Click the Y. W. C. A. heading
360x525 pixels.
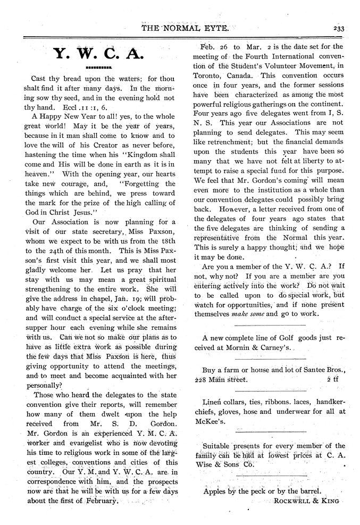tap(98, 54)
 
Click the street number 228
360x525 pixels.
tap(201, 380)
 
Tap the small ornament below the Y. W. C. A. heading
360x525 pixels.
tap(98, 69)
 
